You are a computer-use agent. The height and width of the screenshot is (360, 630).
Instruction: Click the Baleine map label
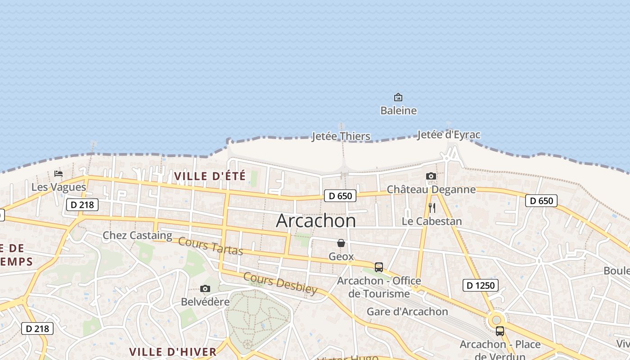point(398,111)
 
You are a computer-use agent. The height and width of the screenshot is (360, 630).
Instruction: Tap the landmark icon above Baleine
point(398,97)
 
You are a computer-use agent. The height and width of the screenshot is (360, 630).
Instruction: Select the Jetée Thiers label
point(341,136)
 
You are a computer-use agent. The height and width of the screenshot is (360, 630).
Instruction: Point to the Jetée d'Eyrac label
point(449,135)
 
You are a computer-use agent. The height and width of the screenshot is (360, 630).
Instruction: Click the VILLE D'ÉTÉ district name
point(210,176)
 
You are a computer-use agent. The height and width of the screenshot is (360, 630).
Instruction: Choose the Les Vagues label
point(58,187)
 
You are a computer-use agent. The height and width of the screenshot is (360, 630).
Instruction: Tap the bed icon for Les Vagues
point(58,174)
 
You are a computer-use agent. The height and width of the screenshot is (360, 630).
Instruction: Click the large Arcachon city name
point(316,220)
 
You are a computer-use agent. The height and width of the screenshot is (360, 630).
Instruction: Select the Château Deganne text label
point(431,189)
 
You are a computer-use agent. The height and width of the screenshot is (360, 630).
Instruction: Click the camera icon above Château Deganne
point(431,176)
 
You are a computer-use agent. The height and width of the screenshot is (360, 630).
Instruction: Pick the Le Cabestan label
point(432,221)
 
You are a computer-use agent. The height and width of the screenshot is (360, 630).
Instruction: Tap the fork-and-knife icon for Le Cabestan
point(432,208)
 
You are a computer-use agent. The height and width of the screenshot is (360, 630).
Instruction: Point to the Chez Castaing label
point(137,235)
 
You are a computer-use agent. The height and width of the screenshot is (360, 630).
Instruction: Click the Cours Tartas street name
point(211,246)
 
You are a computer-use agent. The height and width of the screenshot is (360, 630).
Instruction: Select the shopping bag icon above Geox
point(341,243)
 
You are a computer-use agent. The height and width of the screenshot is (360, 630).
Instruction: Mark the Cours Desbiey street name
point(280,283)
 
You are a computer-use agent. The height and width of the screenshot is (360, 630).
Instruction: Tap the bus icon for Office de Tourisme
point(379,267)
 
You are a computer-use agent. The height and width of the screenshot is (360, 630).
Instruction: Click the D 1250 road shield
point(481,285)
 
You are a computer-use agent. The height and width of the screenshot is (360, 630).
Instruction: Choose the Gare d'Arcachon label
point(407,312)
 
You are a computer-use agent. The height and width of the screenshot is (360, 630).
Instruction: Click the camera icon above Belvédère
point(205,288)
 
